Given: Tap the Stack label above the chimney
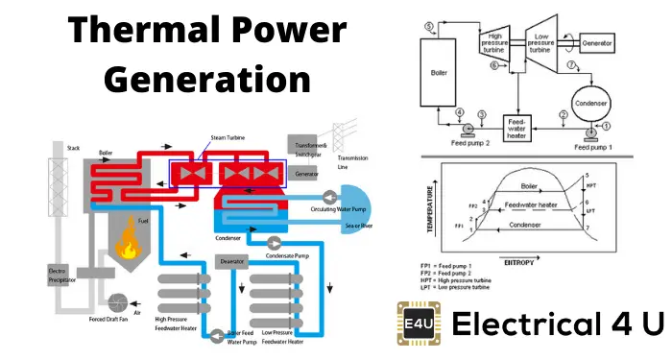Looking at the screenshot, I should click(75, 149).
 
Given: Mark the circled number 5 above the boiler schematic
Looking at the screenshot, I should click(429, 25).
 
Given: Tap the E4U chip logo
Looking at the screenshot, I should click(420, 324).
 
